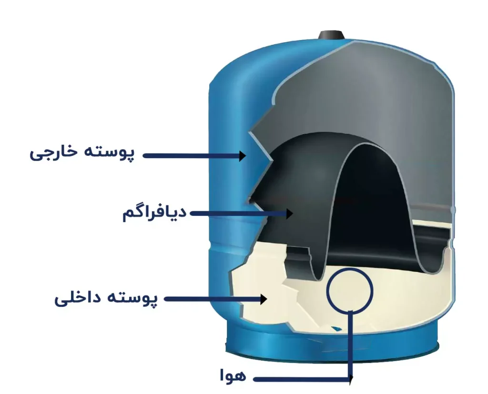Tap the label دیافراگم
pos(154,212)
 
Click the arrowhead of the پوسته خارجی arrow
pos(243,156)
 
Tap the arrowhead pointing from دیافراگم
pos(290,213)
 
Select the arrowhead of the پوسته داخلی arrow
pos(264,299)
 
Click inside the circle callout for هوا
pos(349,290)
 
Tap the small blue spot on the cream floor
pos(336,328)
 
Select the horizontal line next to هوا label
pos(302,379)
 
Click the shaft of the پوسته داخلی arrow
pos(213,299)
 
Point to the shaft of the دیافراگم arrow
pos(238,213)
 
